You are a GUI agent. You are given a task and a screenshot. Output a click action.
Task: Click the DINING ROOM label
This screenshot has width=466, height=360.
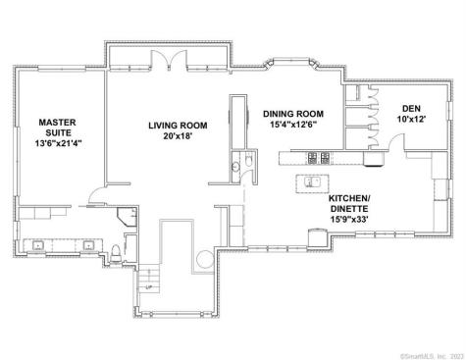click(x=298, y=114)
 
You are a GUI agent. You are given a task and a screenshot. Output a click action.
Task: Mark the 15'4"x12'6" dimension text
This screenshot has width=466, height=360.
click(x=298, y=125)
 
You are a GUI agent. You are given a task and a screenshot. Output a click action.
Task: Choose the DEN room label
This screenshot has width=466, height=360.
click(x=412, y=108)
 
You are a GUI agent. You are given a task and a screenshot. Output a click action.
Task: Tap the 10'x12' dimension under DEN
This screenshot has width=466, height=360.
click(x=412, y=120)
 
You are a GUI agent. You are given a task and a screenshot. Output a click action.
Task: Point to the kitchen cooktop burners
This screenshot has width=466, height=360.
click(x=317, y=157)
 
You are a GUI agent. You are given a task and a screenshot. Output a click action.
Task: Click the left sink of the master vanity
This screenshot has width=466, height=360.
click(x=41, y=245)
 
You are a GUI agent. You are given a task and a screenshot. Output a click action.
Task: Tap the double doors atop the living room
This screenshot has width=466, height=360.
click(x=174, y=58)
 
